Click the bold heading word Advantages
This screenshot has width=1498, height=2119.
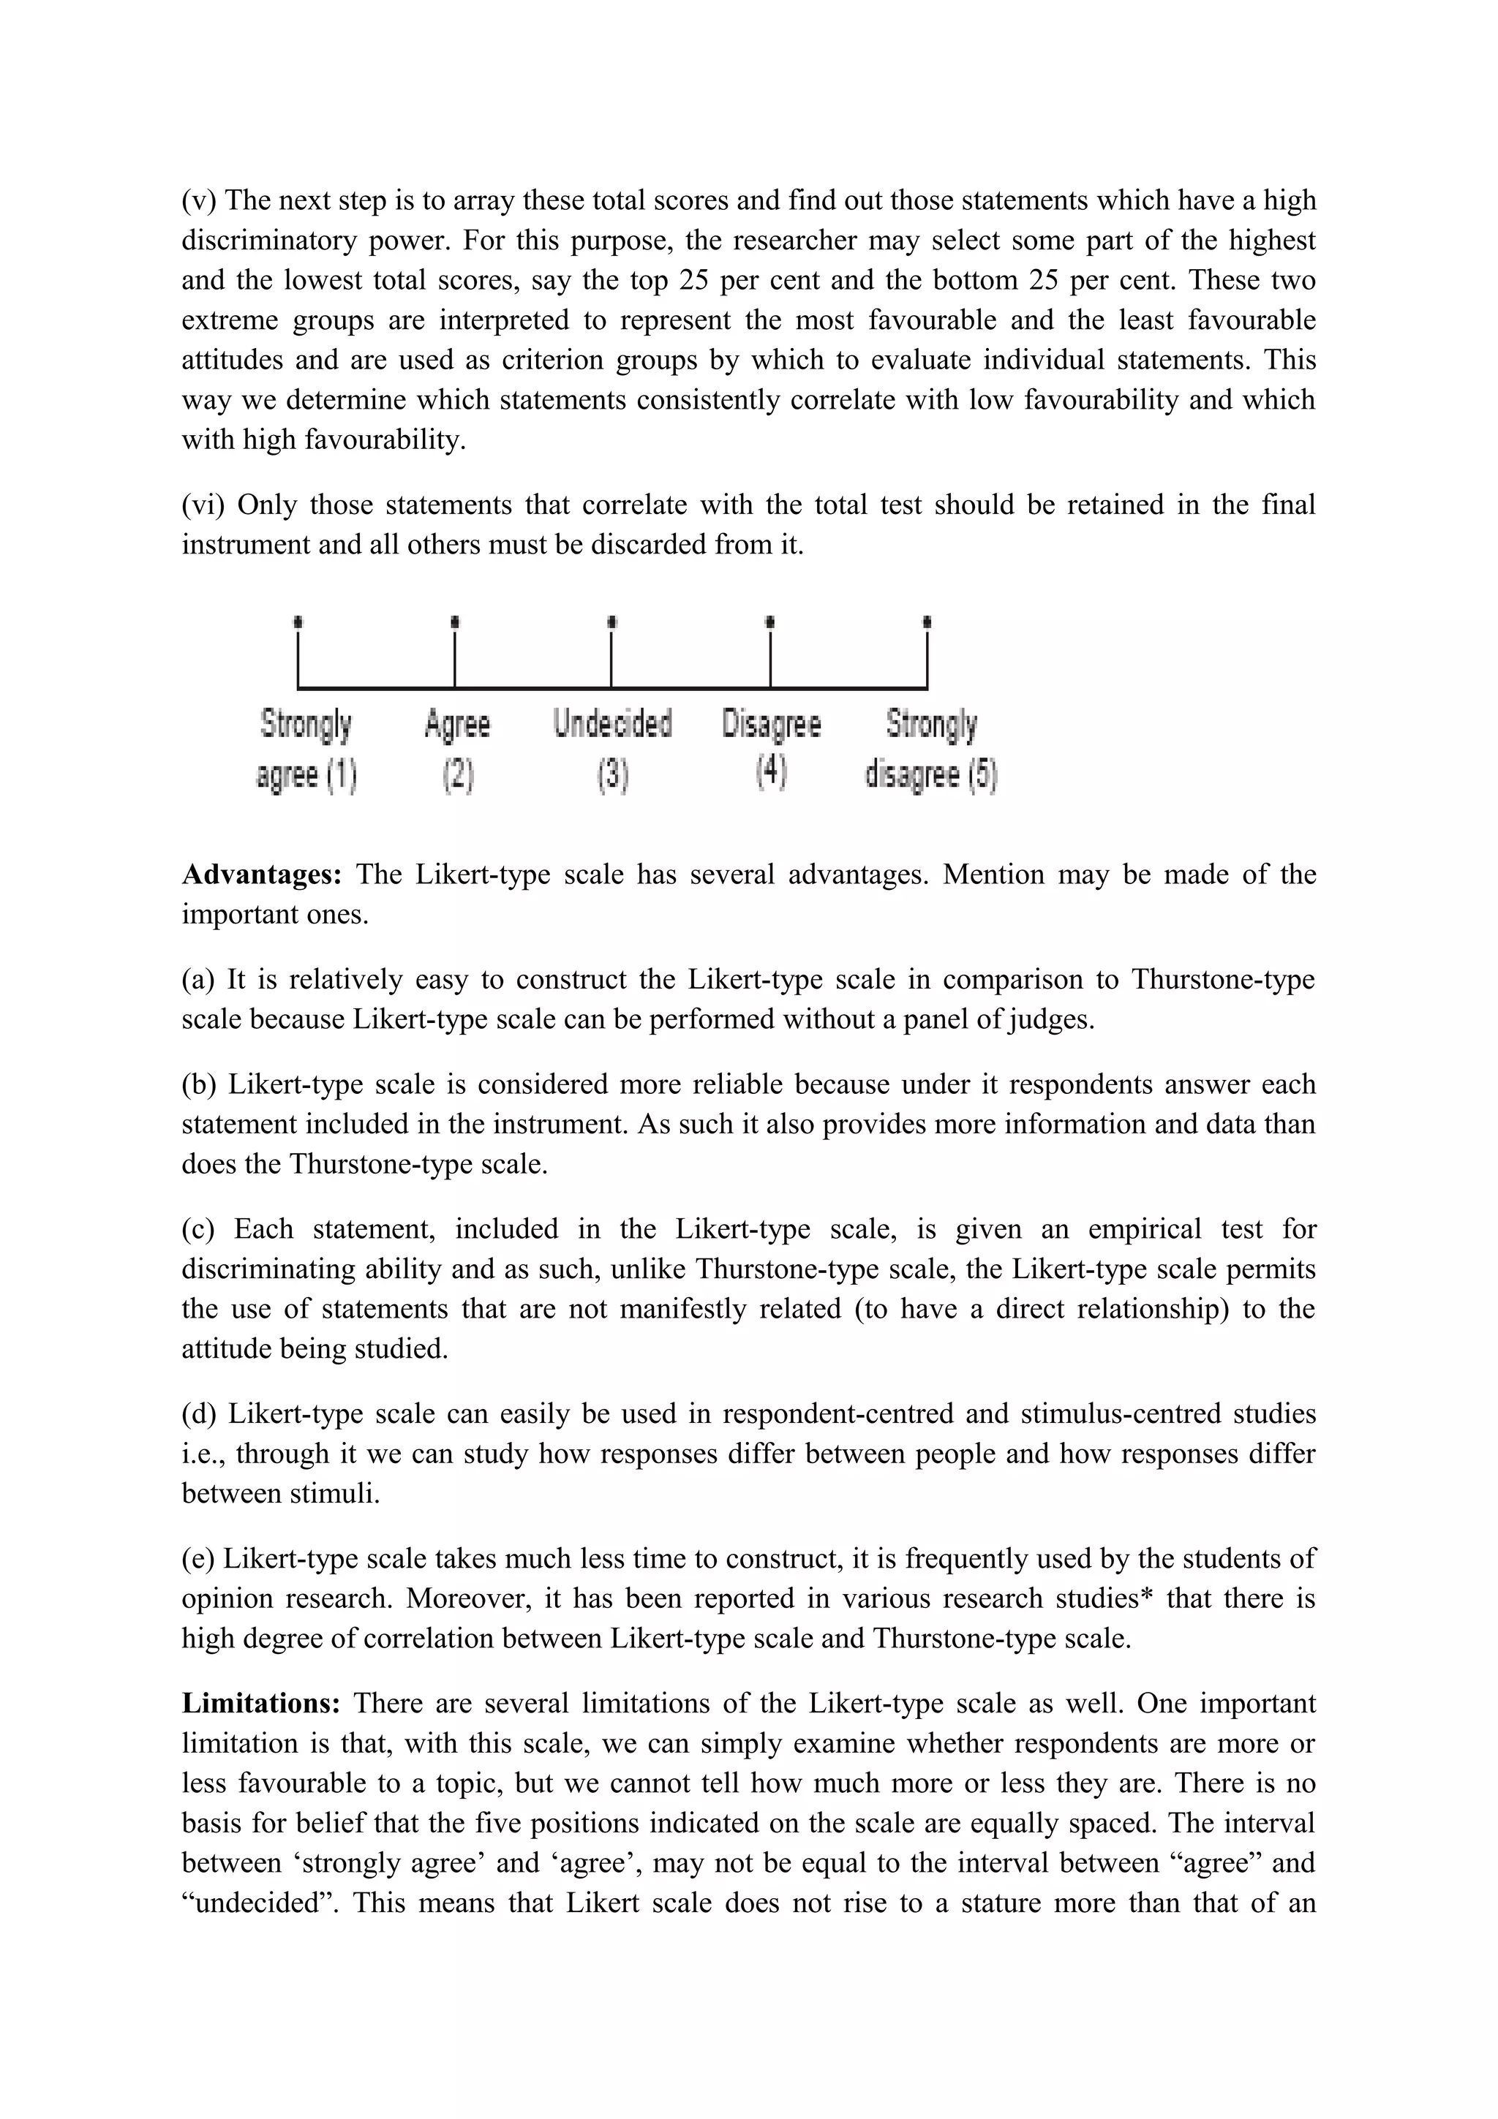point(261,875)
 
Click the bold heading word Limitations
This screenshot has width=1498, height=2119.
point(261,1704)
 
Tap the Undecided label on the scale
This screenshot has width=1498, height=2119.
point(612,725)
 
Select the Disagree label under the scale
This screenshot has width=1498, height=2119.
point(771,725)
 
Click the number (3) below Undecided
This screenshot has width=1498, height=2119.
point(612,774)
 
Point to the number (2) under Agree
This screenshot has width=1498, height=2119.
point(458,774)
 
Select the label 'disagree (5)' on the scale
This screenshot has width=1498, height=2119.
point(930,774)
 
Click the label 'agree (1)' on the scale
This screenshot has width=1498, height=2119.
point(306,774)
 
